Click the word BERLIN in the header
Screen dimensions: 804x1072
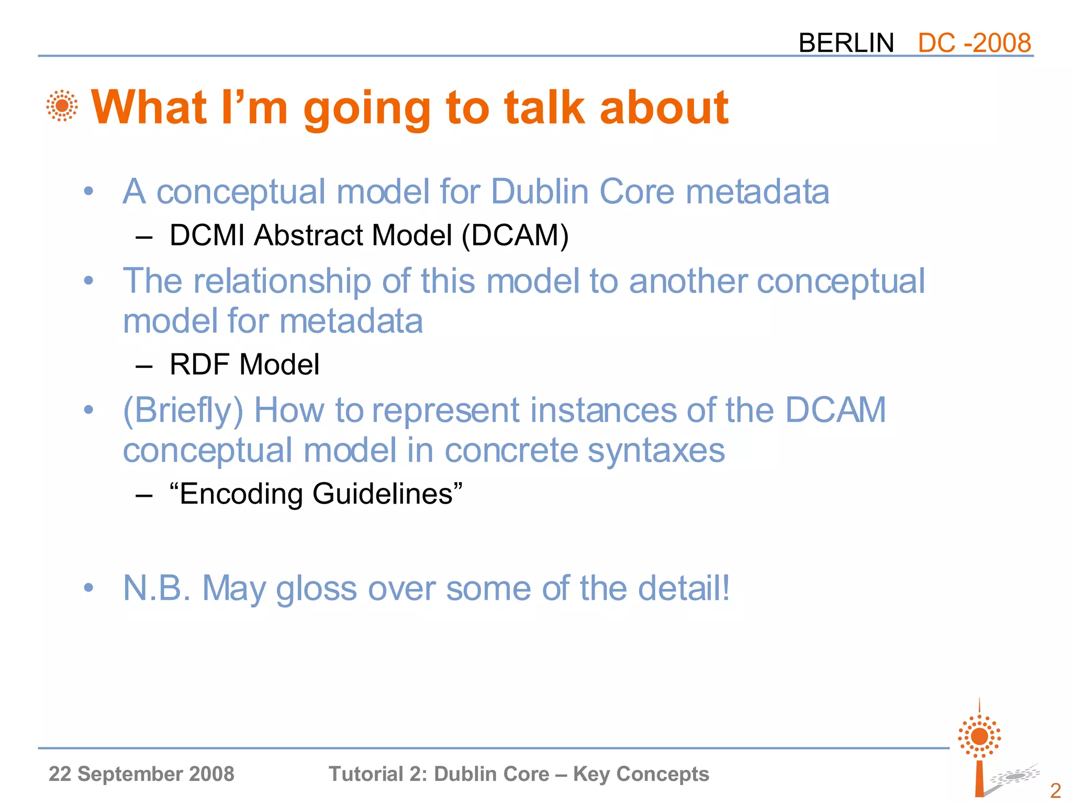pyautogui.click(x=846, y=43)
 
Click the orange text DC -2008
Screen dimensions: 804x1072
pyautogui.click(x=974, y=43)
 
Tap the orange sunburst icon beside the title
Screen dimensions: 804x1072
pyautogui.click(x=62, y=106)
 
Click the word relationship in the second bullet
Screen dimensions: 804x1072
pyautogui.click(x=282, y=281)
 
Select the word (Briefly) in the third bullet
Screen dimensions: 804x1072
pyautogui.click(x=183, y=410)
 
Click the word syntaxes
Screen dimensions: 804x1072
pyautogui.click(x=656, y=451)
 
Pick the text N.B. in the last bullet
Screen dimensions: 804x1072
pyautogui.click(x=157, y=588)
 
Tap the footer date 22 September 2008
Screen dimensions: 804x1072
pyautogui.click(x=141, y=774)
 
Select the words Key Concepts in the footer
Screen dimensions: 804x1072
pyautogui.click(x=641, y=774)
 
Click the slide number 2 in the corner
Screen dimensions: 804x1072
pyautogui.click(x=1055, y=790)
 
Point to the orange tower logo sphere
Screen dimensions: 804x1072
pyautogui.click(x=979, y=736)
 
